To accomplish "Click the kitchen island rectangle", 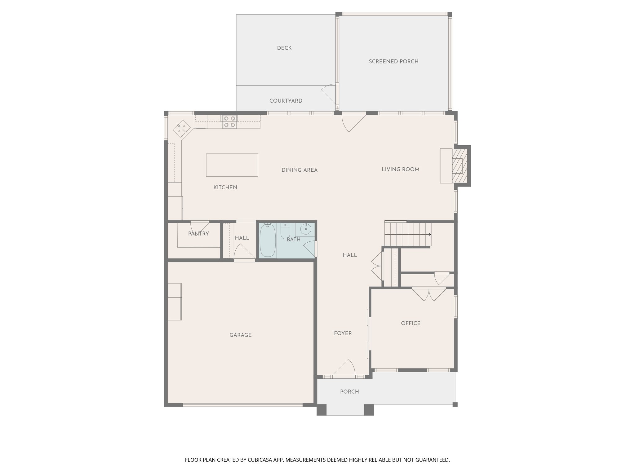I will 232,165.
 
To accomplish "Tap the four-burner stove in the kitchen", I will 229,121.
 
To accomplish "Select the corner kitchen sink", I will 181,128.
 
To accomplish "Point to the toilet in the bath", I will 285,231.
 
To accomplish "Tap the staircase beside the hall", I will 408,234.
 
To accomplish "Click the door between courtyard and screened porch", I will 330,93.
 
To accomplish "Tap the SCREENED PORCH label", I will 393,61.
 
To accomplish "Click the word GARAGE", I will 240,335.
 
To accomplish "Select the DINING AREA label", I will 299,170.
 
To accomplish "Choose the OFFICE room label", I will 411,323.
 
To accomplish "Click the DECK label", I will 284,48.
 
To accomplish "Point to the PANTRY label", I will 198,234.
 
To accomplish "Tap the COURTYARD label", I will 286,101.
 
